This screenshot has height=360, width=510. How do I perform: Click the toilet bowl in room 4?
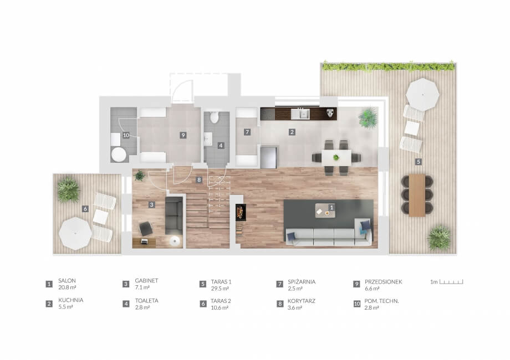point(214,117)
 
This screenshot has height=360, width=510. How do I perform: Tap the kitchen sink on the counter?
point(300,114)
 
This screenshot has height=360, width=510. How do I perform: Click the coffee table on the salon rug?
point(325,210)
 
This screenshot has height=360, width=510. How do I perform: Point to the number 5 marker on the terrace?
point(419,162)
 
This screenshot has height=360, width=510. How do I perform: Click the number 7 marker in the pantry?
point(247,132)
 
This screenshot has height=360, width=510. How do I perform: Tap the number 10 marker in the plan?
point(126,135)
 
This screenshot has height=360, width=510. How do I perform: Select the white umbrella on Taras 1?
point(422,95)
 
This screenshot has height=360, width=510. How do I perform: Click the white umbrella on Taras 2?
point(75,234)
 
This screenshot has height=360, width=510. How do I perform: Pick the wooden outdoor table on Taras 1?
point(417,195)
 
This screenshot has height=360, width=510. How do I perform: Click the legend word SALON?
point(67,280)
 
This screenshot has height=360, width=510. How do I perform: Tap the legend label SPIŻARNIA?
point(302,282)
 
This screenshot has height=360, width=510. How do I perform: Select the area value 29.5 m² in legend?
point(220,289)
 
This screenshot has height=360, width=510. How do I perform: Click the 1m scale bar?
point(451,282)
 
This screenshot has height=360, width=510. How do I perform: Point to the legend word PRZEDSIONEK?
point(383,282)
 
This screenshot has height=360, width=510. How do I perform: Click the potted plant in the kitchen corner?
point(368,117)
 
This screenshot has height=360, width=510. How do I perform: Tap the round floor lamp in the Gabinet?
point(175,241)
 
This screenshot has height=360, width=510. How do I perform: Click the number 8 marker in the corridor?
point(198,179)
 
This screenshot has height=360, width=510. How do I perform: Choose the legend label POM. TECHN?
point(381,301)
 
